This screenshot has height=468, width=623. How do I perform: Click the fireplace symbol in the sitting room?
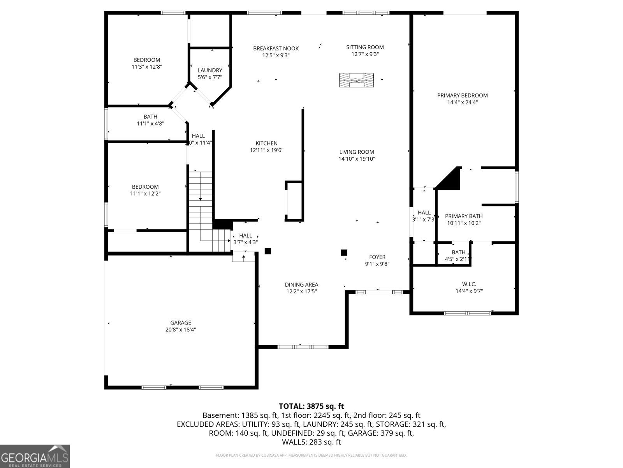(x=356, y=80)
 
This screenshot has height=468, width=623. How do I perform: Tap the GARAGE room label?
(x=180, y=323)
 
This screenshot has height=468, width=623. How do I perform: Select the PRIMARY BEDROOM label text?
(x=462, y=96)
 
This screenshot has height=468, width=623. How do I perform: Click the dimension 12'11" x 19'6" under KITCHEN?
(x=266, y=150)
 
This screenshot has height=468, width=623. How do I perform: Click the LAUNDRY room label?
(x=210, y=71)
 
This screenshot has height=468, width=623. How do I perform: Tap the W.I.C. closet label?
(x=469, y=284)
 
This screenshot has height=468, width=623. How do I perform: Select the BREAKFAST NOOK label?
(x=276, y=49)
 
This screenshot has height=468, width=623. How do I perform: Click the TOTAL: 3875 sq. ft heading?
(x=311, y=406)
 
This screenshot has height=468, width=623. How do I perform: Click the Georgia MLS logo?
(x=35, y=456)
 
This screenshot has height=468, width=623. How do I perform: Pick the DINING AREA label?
(x=301, y=285)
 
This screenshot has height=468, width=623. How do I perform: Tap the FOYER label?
(x=377, y=257)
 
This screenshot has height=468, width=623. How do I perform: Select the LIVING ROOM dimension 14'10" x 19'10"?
(x=356, y=159)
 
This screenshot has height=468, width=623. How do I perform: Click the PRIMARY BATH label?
(x=463, y=216)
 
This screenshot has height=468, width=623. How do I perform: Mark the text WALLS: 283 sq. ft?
(x=311, y=442)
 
